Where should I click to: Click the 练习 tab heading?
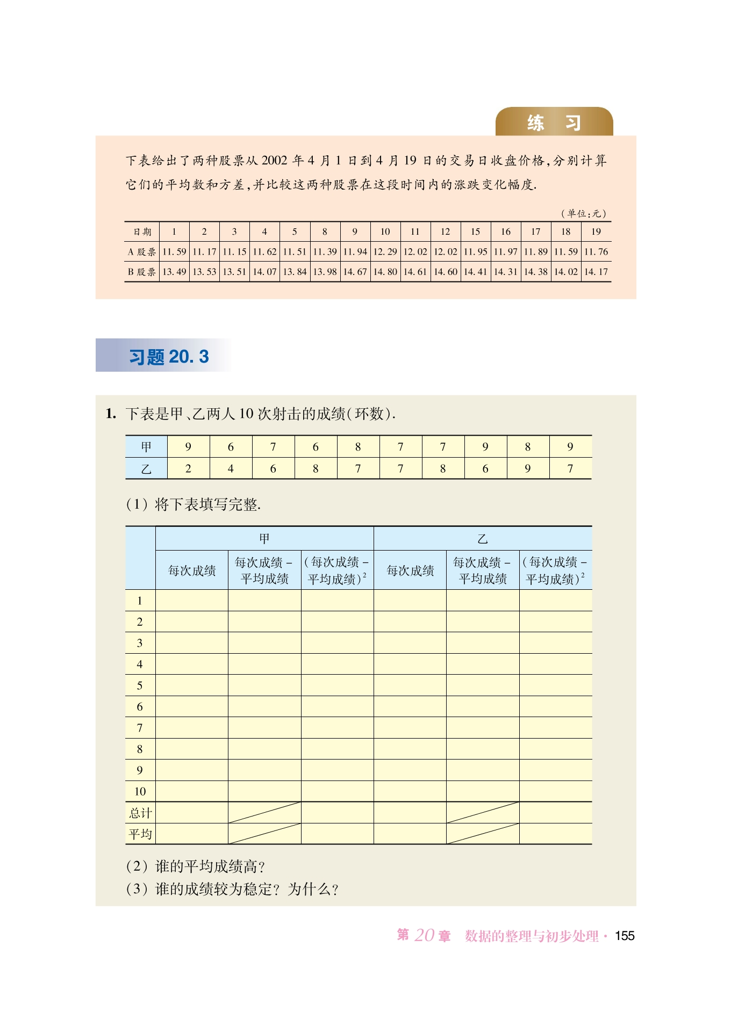click(554, 123)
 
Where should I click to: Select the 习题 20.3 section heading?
click(169, 357)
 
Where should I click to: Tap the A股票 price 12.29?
click(385, 251)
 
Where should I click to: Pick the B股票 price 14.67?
click(355, 272)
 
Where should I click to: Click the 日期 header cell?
click(142, 232)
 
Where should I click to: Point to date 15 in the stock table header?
click(475, 232)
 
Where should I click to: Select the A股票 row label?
click(142, 252)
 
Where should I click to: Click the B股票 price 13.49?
click(174, 272)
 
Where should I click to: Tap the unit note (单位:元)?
click(584, 213)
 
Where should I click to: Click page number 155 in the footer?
click(625, 936)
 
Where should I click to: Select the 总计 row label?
click(140, 813)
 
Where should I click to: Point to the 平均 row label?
click(140, 834)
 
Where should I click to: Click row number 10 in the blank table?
click(140, 791)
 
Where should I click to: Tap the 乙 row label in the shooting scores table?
click(146, 468)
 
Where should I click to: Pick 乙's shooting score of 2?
click(188, 468)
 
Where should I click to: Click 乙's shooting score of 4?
click(231, 468)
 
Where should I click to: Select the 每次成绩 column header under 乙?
click(410, 570)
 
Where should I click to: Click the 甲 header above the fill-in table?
click(264, 538)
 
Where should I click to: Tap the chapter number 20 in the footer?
click(424, 936)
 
